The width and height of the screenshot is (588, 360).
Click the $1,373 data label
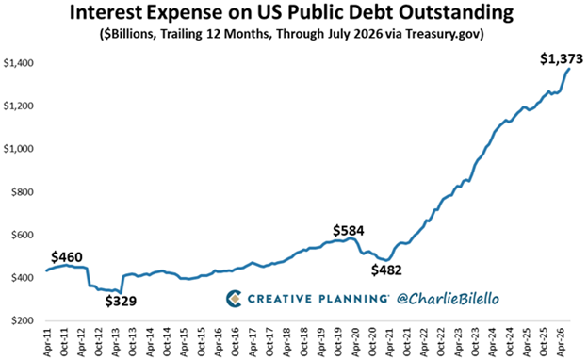click(562, 58)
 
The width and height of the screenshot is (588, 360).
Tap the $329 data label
click(121, 301)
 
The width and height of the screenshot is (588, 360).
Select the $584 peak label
click(349, 231)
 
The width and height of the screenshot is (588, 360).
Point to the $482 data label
click(386, 270)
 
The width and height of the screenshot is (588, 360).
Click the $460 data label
click(67, 257)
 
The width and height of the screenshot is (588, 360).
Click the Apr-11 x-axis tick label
click(47, 342)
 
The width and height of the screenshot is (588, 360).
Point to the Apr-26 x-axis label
click(562, 342)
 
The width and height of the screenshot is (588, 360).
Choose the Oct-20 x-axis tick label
click(373, 342)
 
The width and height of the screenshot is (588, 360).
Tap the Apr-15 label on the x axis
click(185, 342)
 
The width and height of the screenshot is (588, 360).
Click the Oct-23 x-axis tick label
click(476, 342)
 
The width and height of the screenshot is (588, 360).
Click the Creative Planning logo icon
click(234, 299)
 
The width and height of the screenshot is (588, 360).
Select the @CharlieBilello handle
click(448, 299)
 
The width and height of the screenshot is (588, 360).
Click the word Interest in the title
click(106, 12)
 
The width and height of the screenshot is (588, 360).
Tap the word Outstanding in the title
click(456, 14)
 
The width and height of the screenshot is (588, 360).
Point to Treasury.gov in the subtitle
click(445, 34)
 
